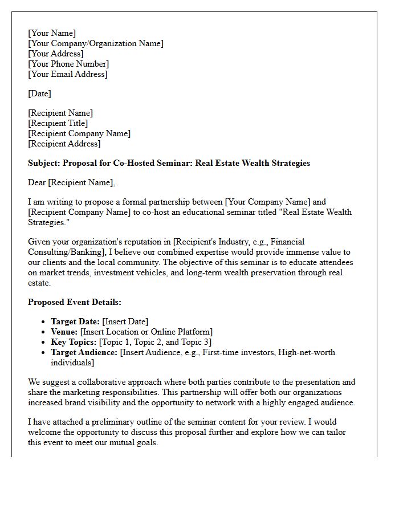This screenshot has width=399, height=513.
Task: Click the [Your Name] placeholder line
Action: (52, 33)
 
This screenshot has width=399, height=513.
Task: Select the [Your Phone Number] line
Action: (68, 64)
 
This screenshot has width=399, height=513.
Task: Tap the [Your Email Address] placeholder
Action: (68, 74)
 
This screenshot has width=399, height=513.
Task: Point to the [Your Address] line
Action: (56, 54)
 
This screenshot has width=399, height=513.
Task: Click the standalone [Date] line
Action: (39, 93)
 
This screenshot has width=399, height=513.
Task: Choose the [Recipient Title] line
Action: (58, 123)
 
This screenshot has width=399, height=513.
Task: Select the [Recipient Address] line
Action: (64, 144)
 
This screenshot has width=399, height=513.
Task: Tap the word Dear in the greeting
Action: (38, 182)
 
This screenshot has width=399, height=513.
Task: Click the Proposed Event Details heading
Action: (75, 302)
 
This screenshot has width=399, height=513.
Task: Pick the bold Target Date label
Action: (75, 321)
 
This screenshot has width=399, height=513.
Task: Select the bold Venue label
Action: (64, 332)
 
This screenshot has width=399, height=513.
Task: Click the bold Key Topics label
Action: (74, 342)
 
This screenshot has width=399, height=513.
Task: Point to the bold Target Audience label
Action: (84, 352)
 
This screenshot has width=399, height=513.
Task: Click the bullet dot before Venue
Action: (43, 332)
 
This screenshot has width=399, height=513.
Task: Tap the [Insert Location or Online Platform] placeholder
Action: (146, 332)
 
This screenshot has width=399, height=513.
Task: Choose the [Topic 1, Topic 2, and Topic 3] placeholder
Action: (155, 342)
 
